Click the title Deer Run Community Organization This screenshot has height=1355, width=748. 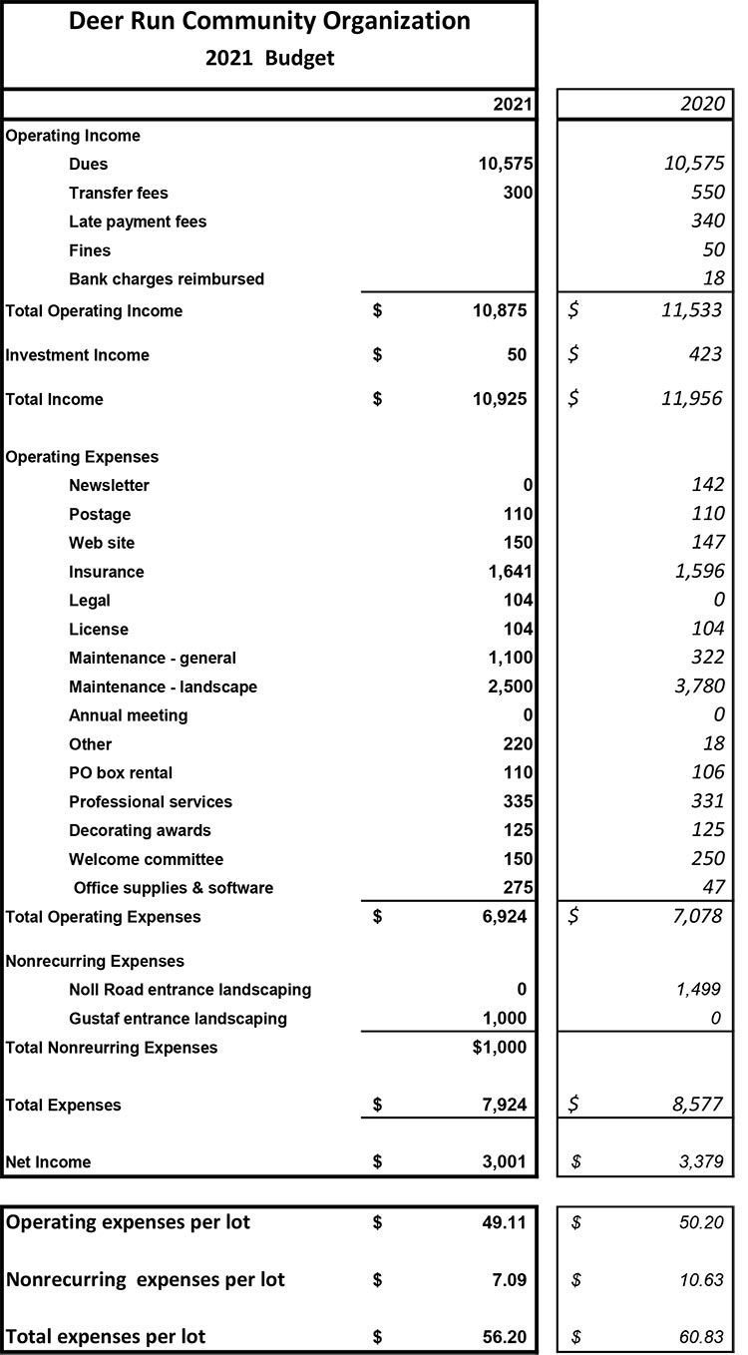click(x=269, y=22)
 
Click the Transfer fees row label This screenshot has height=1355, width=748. click(x=119, y=193)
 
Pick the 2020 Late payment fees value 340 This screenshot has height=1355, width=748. click(x=706, y=222)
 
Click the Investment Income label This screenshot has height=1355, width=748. click(x=78, y=355)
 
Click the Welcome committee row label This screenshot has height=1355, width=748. click(x=146, y=859)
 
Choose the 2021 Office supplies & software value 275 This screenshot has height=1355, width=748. click(x=515, y=888)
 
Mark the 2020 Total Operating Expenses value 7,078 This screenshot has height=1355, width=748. click(x=697, y=916)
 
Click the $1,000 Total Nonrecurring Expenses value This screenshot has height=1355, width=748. click(x=500, y=1048)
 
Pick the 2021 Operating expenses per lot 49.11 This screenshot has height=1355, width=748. click(x=506, y=1222)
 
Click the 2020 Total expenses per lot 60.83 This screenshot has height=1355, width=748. click(x=702, y=1335)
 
